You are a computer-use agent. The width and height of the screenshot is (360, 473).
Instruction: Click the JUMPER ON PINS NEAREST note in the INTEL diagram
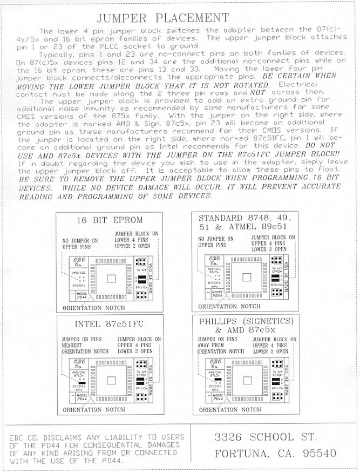point(85,344)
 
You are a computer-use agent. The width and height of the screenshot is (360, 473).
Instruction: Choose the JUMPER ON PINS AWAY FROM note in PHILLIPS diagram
point(221,344)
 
